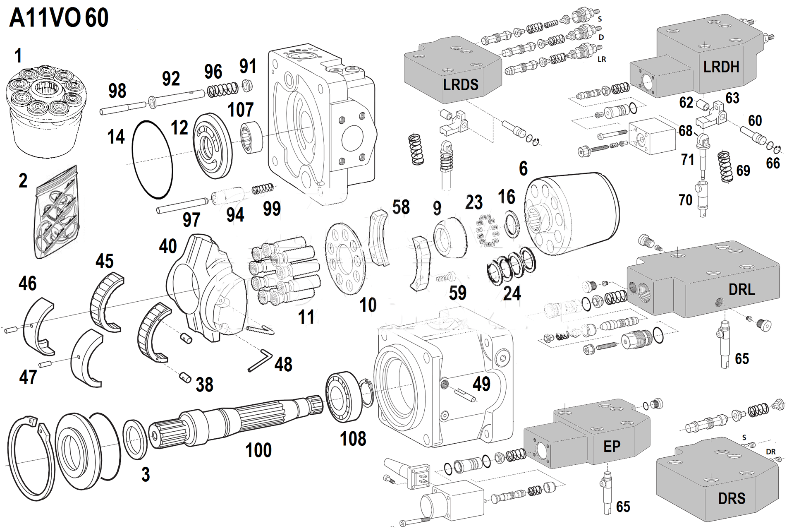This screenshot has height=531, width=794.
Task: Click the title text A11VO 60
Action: (59, 18)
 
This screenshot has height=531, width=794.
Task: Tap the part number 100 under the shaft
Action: (258, 450)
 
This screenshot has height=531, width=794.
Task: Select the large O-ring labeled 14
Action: (152, 160)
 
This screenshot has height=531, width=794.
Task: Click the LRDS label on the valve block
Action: (460, 85)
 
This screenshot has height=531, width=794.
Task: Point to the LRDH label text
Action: (721, 67)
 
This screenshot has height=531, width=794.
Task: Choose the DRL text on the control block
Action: (741, 290)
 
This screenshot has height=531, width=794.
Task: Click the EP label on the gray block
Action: (612, 447)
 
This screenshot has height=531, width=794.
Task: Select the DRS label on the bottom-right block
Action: (732, 498)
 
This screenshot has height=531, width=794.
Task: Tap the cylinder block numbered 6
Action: (573, 215)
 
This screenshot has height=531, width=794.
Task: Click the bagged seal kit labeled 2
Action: (57, 213)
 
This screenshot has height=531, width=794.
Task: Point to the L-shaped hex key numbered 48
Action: (260, 360)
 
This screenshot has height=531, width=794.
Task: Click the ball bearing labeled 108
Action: (343, 397)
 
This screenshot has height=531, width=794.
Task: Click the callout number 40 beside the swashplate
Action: (168, 247)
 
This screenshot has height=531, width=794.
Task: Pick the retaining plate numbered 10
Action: (345, 258)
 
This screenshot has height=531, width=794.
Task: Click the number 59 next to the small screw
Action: (457, 293)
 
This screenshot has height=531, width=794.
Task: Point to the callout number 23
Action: (474, 203)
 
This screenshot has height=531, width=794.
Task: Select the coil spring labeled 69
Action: (725, 166)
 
